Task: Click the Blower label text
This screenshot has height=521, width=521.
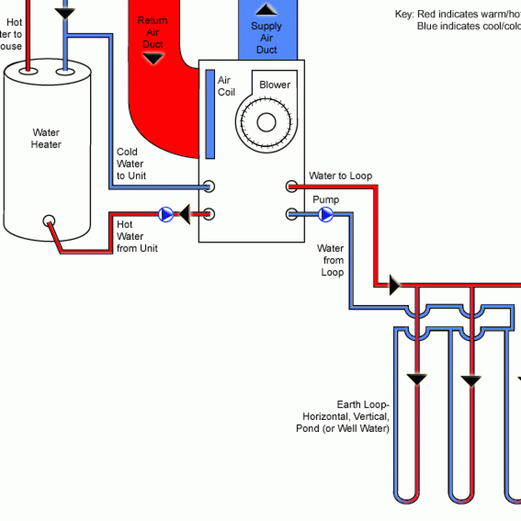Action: [275, 85]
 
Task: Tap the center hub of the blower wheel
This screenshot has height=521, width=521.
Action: [266, 122]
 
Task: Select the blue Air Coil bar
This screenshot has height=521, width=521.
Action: [210, 114]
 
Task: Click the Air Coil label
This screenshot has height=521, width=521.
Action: [226, 86]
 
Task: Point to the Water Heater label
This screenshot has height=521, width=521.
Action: [46, 139]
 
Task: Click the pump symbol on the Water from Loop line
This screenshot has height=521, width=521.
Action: [326, 214]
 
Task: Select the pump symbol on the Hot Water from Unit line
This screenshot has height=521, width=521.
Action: [165, 214]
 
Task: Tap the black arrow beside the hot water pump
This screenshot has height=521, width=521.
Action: [185, 214]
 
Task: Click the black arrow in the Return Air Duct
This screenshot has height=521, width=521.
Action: [153, 59]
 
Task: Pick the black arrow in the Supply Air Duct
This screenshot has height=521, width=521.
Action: [266, 9]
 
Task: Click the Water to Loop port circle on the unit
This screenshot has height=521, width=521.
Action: [292, 187]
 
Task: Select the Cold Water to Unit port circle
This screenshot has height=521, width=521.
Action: [209, 187]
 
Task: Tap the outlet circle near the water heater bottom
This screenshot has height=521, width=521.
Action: [49, 221]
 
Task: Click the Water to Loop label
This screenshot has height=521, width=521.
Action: [340, 176]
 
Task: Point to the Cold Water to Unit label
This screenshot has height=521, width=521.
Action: [131, 164]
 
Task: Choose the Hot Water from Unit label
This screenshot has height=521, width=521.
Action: [137, 236]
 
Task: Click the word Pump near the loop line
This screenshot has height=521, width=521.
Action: [325, 200]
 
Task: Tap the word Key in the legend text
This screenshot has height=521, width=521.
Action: [404, 14]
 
